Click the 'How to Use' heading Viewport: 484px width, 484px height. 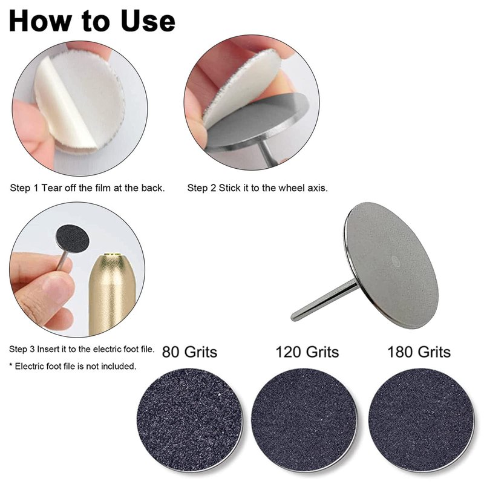tap(93, 21)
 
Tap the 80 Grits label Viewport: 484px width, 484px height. tap(189, 352)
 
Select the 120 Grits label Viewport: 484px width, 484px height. tap(307, 352)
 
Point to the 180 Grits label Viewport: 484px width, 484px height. tap(419, 352)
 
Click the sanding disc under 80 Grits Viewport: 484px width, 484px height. tap(189, 420)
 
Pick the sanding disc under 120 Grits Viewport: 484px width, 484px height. tap(304, 420)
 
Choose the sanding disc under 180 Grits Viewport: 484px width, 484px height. tap(421, 420)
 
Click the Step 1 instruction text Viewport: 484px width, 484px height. tap(87, 188)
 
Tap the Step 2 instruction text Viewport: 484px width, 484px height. tap(258, 188)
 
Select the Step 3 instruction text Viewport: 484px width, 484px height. tap(82, 349)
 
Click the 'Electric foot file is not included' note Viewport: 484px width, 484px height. tap(73, 367)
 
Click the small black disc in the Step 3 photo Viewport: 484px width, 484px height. tap(73, 238)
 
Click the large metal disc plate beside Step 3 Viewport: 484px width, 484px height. tap(390, 266)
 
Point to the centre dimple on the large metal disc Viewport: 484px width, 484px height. tap(396, 261)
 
